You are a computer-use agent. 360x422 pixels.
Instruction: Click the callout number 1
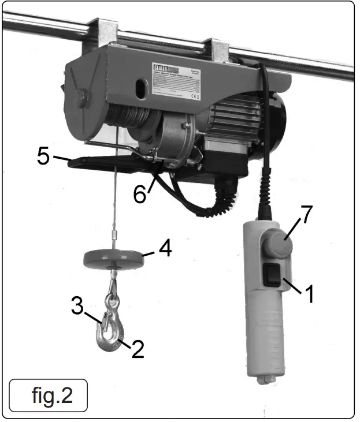pyautogui.click(x=309, y=293)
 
